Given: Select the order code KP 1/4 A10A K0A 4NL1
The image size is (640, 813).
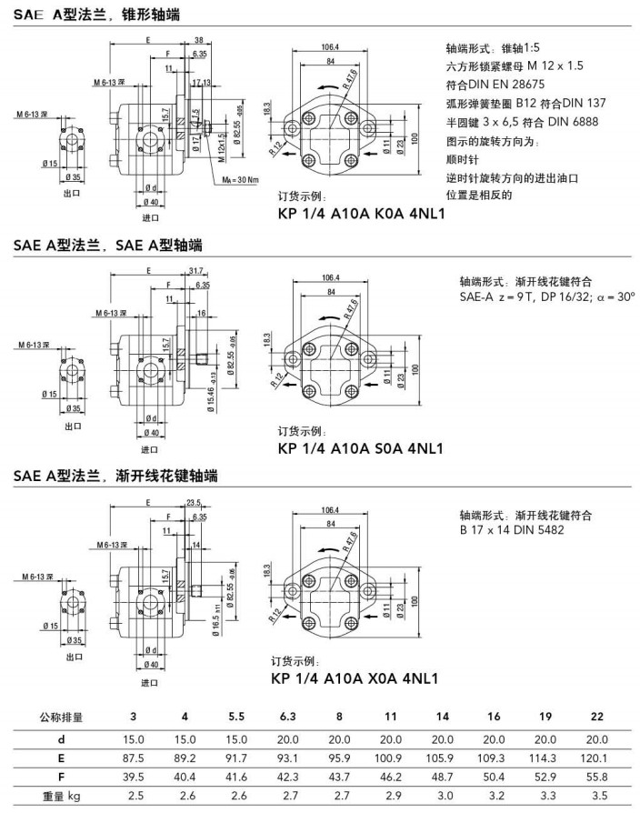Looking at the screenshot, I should click(360, 216).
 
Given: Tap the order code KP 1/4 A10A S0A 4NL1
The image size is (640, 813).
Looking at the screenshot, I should click(360, 448).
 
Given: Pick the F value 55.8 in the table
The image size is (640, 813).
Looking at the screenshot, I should click(596, 777).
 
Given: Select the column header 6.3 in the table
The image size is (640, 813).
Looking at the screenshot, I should click(287, 718).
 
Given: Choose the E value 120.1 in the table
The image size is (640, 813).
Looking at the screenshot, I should click(596, 757).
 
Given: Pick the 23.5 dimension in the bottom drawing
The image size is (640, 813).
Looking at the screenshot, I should click(193, 502).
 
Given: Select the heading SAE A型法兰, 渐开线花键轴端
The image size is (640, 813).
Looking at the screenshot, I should click(115, 477).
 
